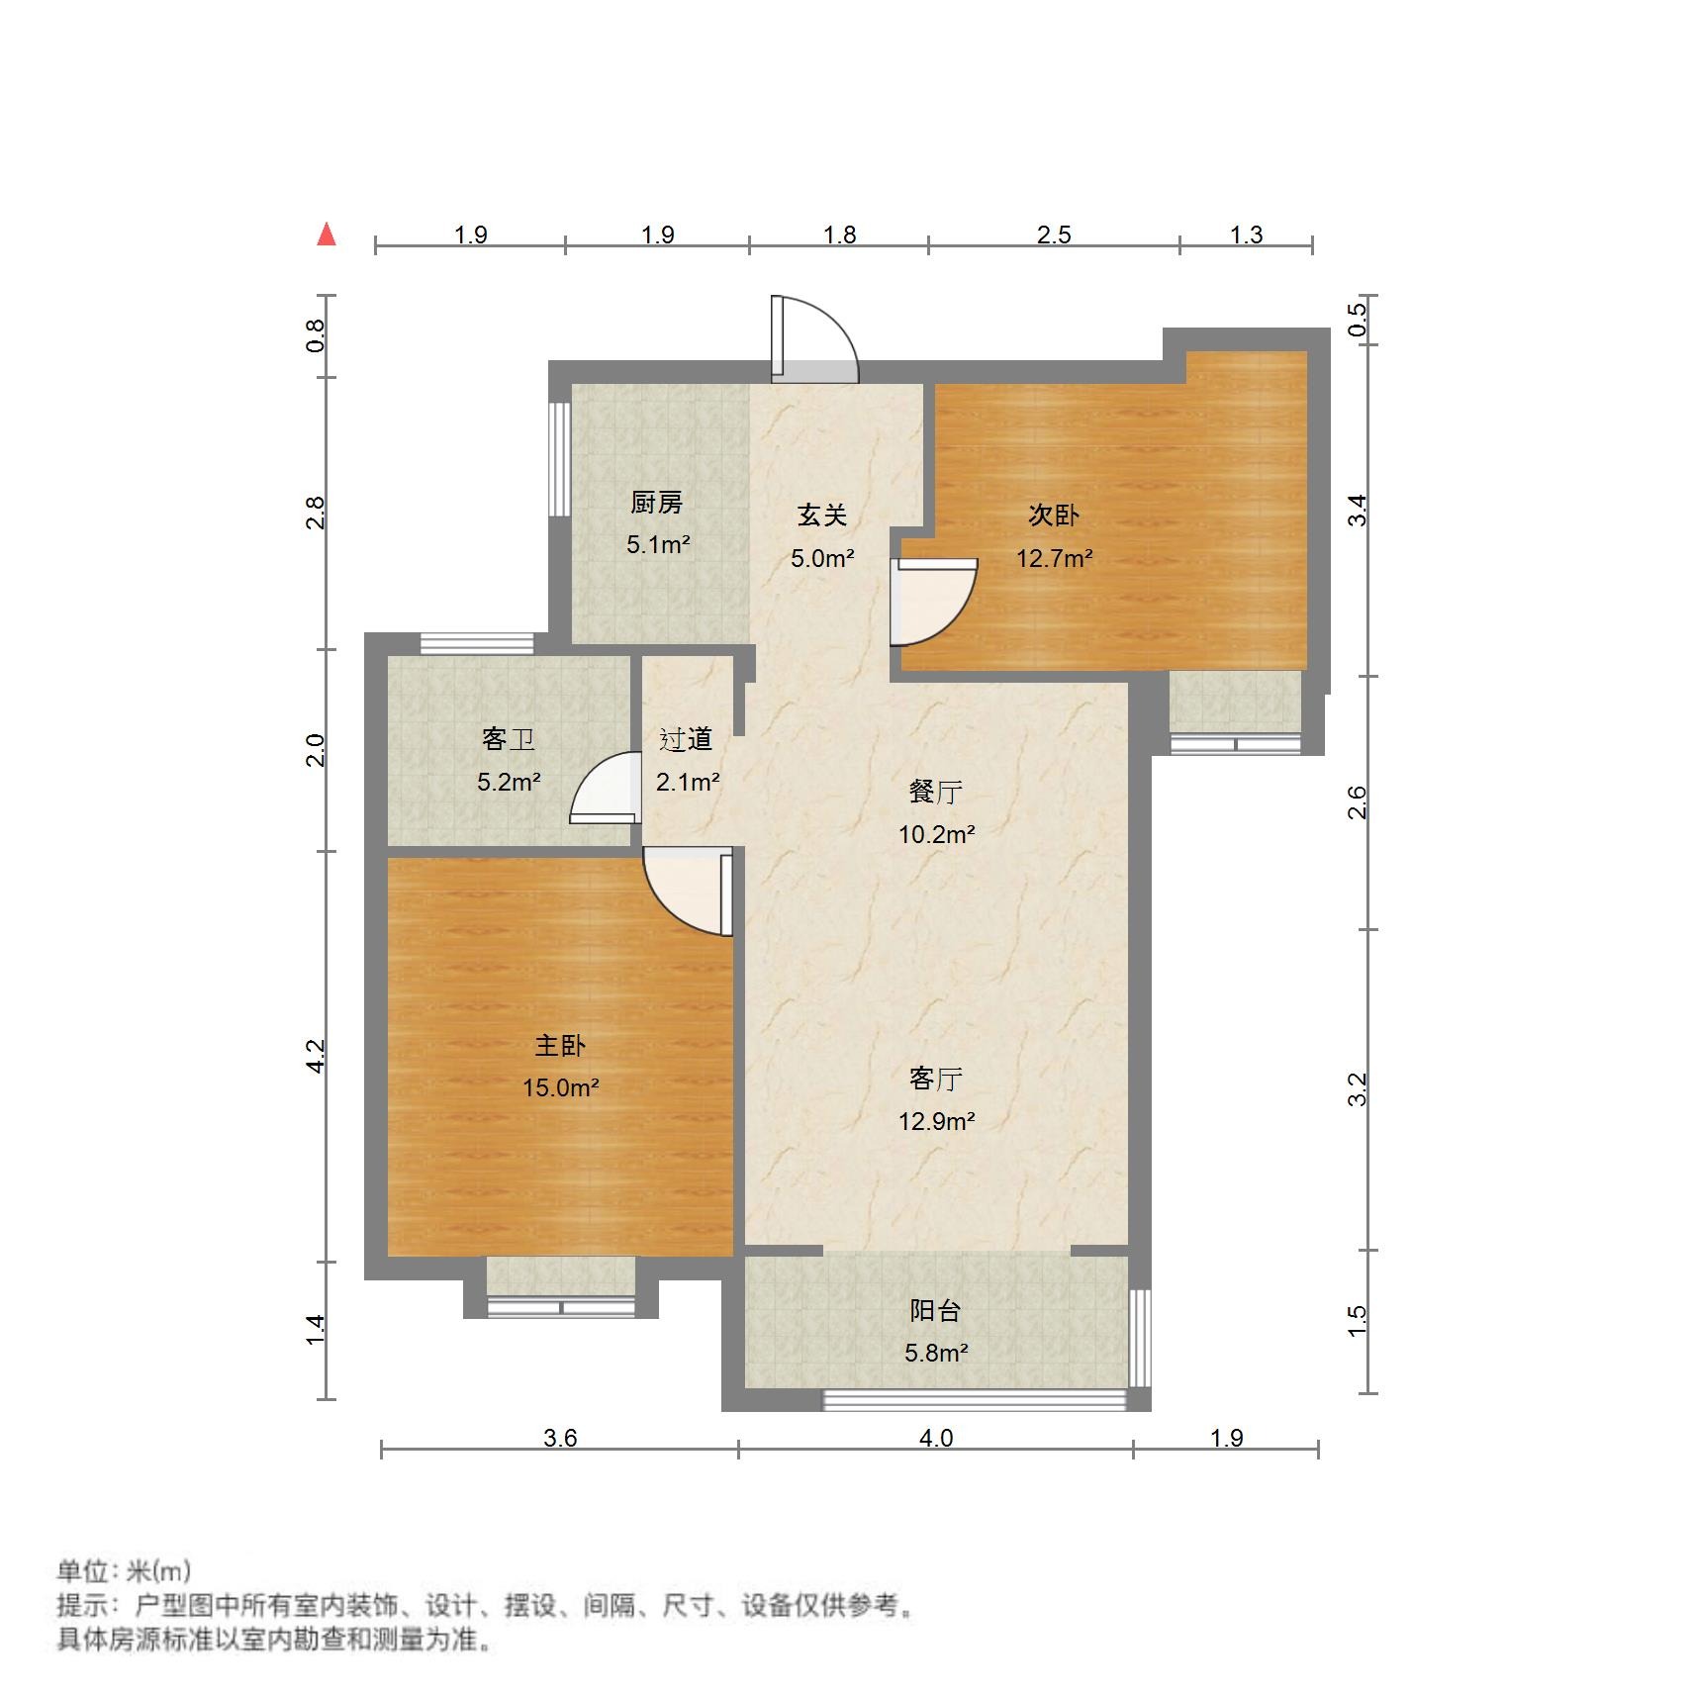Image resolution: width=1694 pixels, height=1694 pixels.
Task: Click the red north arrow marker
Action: coord(327,235)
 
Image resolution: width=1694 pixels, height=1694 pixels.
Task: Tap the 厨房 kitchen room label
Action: coord(657,503)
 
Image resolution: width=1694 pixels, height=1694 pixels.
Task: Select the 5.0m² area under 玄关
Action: coord(822,558)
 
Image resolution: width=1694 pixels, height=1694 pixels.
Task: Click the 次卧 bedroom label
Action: coord(1054,515)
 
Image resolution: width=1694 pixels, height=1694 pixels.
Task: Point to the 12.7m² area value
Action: coord(1054,558)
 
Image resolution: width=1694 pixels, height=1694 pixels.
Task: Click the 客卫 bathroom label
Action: coord(509,738)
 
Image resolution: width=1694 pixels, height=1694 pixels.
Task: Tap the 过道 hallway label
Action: coord(686,738)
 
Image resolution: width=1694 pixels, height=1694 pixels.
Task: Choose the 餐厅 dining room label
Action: coord(936,791)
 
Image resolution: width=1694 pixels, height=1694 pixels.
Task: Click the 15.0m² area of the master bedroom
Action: coord(560,1087)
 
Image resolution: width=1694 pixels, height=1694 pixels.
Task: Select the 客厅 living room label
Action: coord(936,1078)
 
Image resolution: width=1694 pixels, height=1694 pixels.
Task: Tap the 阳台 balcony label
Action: coord(936,1310)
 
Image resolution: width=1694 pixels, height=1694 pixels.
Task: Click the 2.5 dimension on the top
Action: coord(1054,235)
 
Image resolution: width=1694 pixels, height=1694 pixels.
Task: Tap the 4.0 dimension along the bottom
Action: coord(936,1438)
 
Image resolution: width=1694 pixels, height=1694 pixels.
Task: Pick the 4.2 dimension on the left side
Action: coord(316,1056)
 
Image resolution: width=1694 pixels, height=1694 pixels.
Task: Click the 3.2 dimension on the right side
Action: coord(1358,1088)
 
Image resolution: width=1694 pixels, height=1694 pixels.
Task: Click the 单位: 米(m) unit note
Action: coord(124,1570)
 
